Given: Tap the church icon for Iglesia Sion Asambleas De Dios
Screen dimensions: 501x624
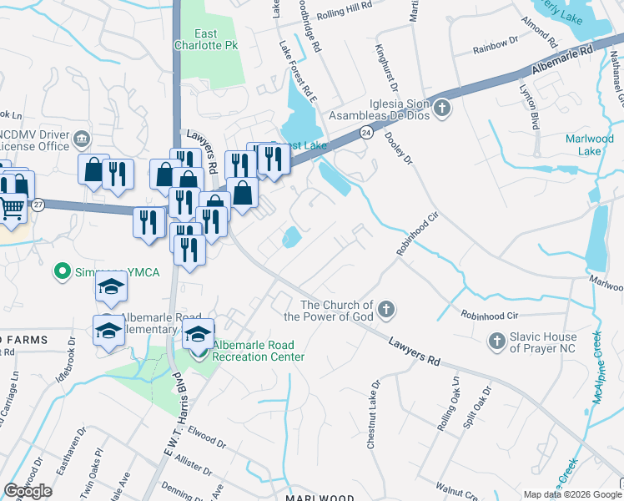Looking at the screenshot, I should (443, 109).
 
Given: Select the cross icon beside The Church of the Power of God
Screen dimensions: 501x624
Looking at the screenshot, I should (385, 311).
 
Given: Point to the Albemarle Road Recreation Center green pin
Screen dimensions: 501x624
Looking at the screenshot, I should (199, 353).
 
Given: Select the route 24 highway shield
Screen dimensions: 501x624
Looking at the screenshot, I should (366, 133).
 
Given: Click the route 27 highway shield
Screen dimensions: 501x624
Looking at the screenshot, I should (38, 204).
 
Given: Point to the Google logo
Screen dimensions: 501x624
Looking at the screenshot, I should (28, 491).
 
